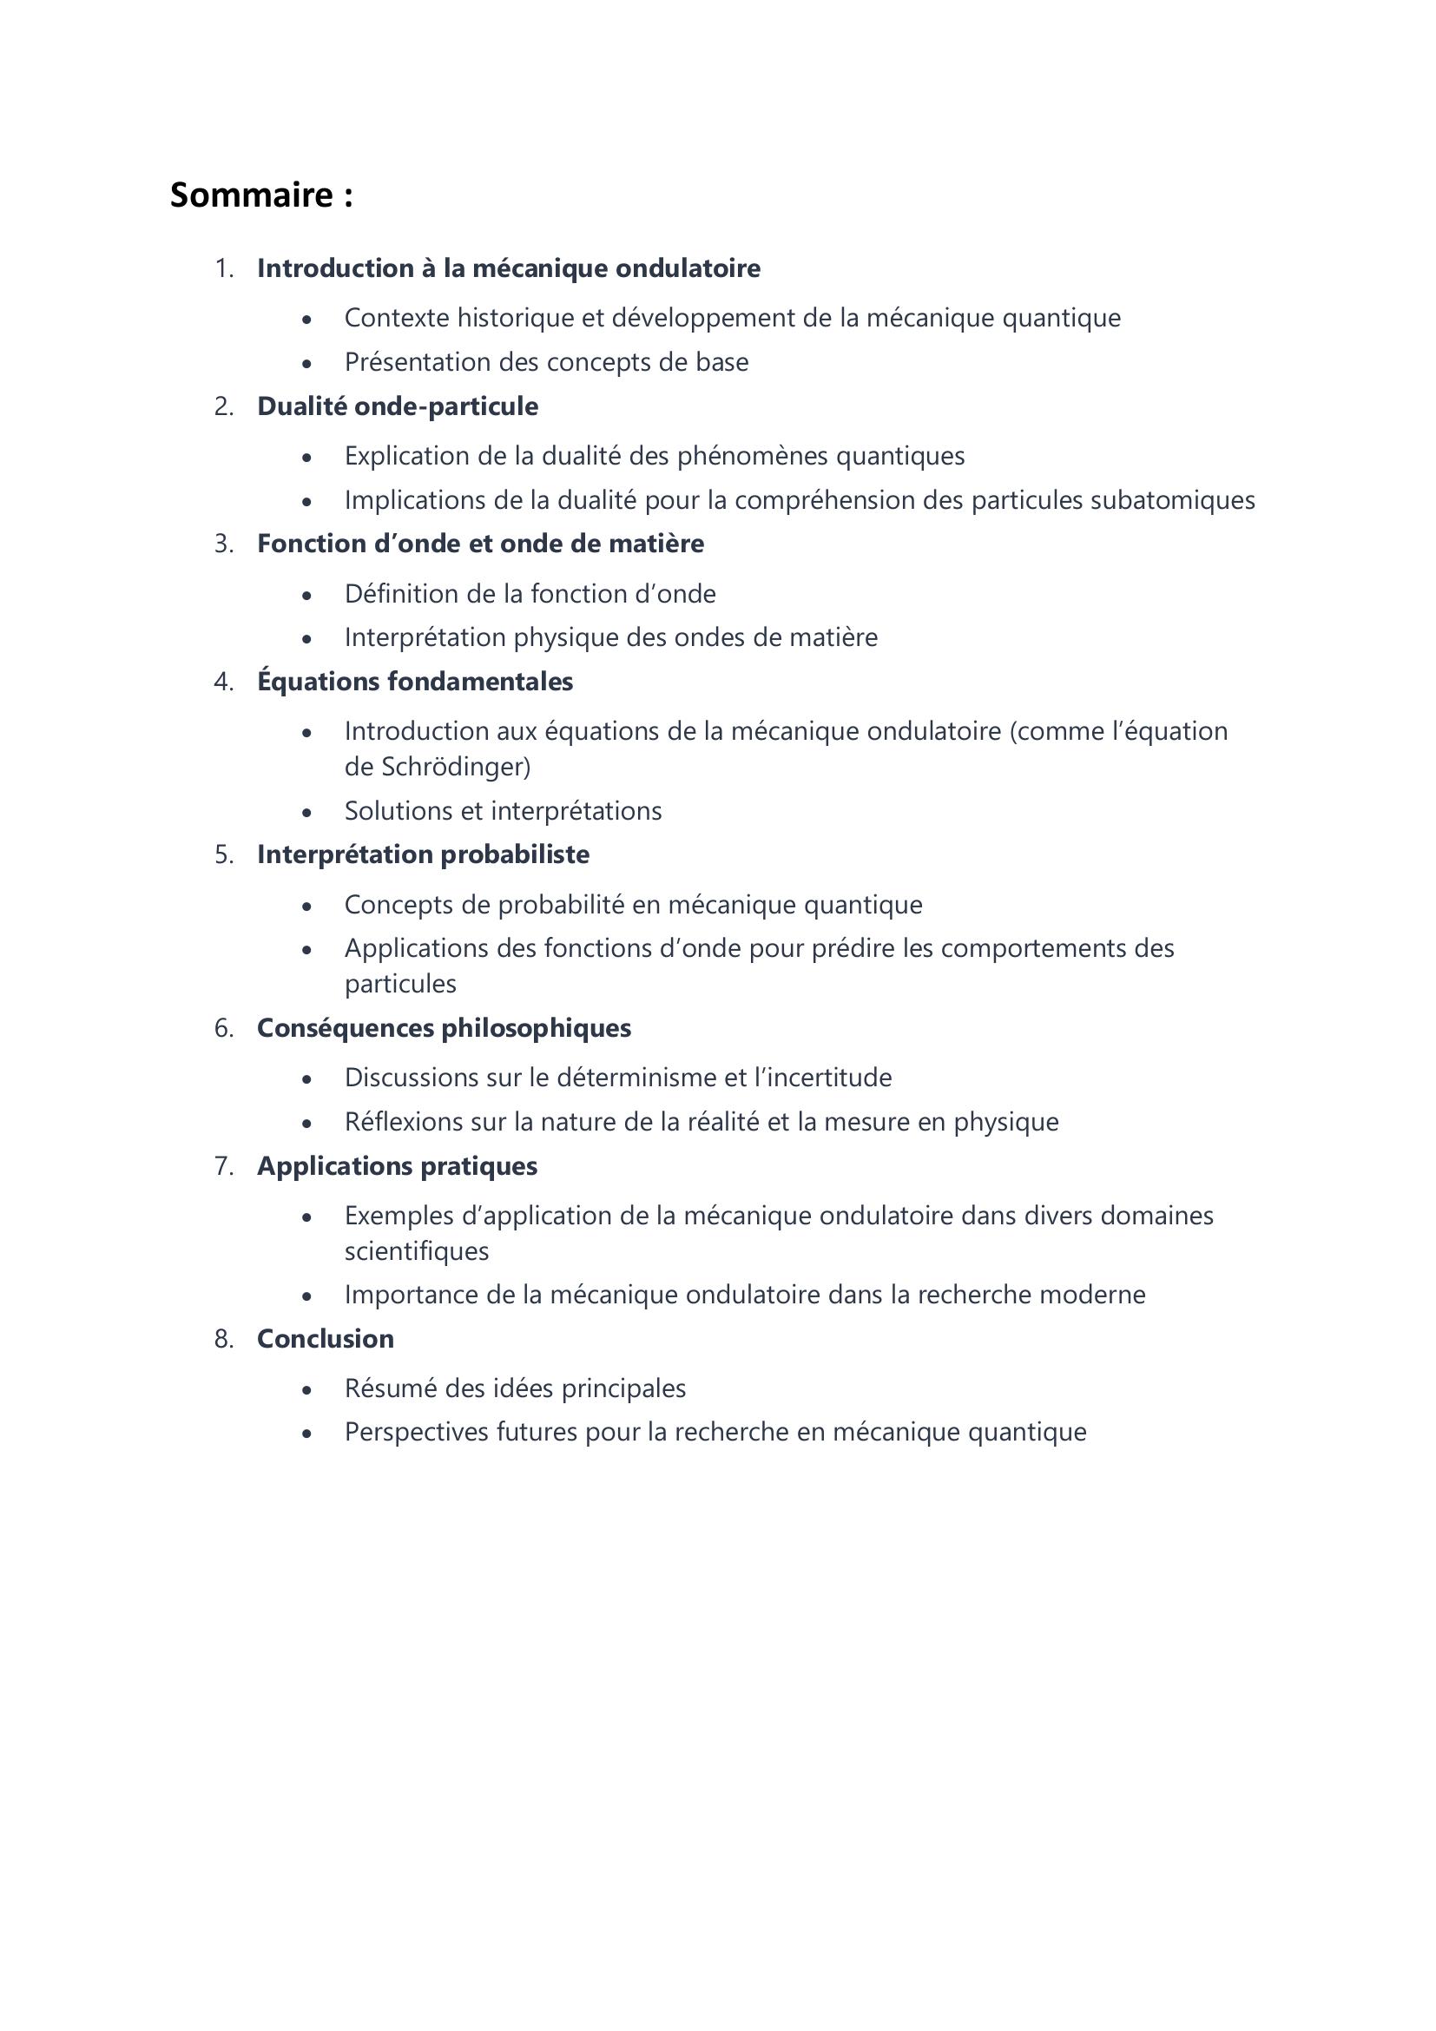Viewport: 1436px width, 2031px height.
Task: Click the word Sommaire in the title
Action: tap(251, 195)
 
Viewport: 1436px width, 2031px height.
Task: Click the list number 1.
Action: tap(224, 269)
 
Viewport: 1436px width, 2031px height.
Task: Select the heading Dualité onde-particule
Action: tap(397, 407)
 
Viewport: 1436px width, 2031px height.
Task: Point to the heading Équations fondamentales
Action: tap(415, 682)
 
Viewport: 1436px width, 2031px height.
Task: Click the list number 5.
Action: tap(224, 855)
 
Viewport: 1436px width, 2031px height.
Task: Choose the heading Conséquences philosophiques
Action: tap(444, 1029)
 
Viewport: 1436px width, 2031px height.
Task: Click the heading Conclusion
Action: tap(326, 1339)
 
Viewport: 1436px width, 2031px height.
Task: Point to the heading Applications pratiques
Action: tap(397, 1167)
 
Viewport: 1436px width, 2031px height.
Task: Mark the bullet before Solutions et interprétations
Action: tap(306, 813)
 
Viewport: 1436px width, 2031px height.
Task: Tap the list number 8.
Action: tap(224, 1339)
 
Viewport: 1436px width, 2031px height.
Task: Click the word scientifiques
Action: tap(417, 1252)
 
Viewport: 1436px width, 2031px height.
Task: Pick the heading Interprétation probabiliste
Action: tap(423, 855)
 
